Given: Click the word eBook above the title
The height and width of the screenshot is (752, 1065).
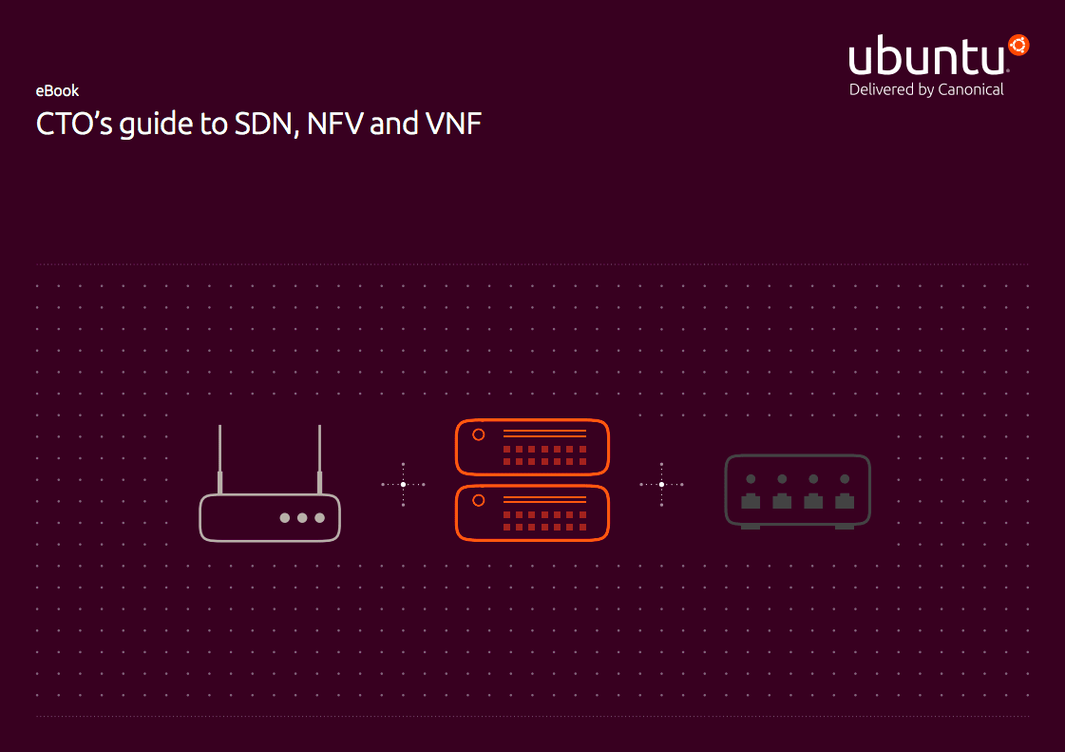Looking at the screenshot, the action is [x=57, y=91].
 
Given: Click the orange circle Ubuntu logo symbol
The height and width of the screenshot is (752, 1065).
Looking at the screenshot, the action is [x=1019, y=45].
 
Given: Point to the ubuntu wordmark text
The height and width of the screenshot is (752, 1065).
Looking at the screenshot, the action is [x=926, y=59].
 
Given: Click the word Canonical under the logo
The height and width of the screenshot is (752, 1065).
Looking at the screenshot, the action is [x=970, y=89].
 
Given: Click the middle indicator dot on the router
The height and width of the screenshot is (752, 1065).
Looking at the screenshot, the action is [x=302, y=518].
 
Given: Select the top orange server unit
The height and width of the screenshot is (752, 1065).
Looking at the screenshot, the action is [x=532, y=447].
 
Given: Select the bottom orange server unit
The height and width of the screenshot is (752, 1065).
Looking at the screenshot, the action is [x=532, y=513].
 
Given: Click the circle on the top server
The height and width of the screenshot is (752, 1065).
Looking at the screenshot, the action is [x=479, y=434].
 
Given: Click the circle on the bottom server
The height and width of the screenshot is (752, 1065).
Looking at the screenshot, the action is [x=479, y=500].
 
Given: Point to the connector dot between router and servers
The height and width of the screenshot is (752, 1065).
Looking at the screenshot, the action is [x=403, y=485].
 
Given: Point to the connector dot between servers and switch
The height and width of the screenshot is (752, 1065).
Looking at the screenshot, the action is [x=661, y=485].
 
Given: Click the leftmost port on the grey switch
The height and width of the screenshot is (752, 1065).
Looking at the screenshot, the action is [x=751, y=501].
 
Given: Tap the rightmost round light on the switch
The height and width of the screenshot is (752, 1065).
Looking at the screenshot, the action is [x=845, y=479].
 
